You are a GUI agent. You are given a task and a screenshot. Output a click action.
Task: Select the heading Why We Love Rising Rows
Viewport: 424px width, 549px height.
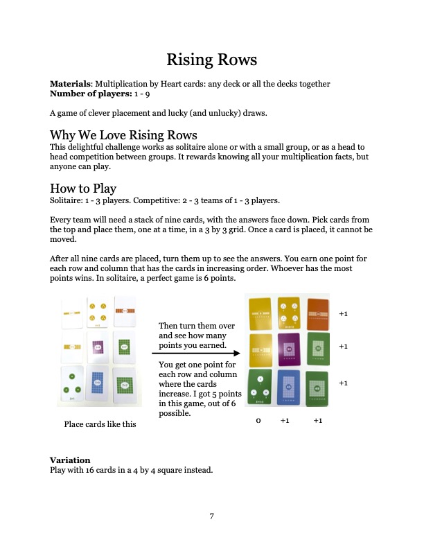point(123,134)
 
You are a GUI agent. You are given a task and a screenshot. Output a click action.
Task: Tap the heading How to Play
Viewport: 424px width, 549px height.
point(83,189)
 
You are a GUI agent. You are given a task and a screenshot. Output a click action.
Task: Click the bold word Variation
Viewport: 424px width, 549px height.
point(70,460)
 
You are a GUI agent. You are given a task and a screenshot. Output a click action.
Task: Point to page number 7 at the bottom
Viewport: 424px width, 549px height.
point(212,516)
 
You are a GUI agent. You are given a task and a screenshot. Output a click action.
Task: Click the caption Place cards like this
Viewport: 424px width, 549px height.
point(100,424)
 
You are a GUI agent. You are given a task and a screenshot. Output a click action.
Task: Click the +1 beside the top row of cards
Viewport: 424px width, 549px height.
point(343,314)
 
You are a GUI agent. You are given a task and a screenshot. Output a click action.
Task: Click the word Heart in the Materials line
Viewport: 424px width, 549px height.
point(186,84)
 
